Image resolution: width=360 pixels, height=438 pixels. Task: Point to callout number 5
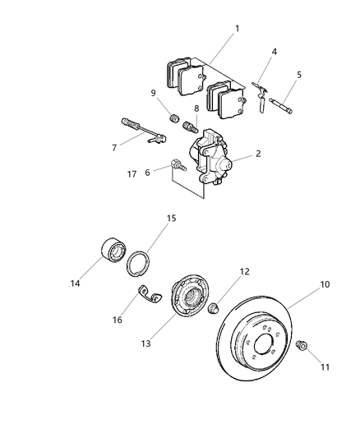point(299,75)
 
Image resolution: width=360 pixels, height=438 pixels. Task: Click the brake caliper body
point(210,155)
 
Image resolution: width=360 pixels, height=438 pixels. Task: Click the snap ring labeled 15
point(140,262)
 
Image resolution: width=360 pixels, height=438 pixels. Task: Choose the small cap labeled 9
point(173,120)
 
